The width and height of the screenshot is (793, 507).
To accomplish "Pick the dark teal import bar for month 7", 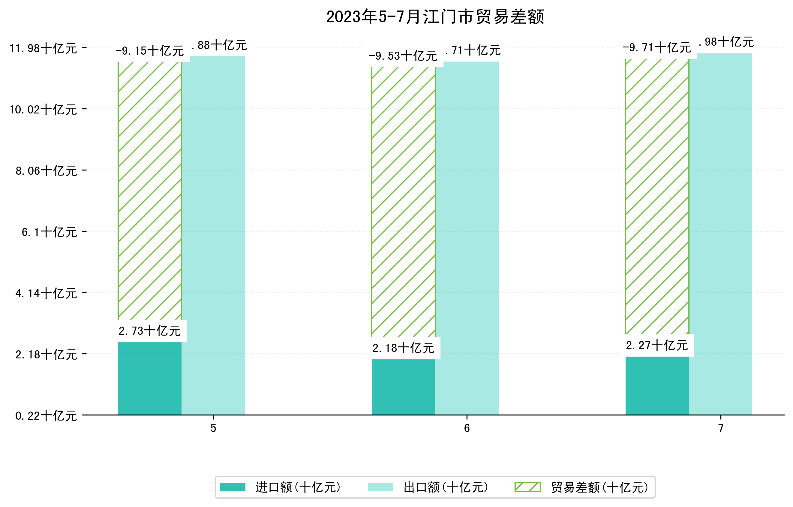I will [657, 385].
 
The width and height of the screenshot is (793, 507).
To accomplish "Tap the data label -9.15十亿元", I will [149, 51].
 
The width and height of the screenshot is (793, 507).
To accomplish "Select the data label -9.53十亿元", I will [403, 56].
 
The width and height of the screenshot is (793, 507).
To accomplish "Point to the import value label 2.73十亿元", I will [149, 331].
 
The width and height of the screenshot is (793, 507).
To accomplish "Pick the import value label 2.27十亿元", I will [657, 346].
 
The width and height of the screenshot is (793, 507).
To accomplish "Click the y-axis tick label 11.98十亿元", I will [43, 49].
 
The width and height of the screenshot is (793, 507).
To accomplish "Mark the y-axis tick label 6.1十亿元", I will [50, 232].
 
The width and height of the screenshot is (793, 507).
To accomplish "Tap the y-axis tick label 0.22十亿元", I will [46, 416].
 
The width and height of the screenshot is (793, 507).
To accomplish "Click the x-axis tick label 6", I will [467, 428].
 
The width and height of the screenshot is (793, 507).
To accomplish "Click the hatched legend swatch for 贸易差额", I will [527, 487].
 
